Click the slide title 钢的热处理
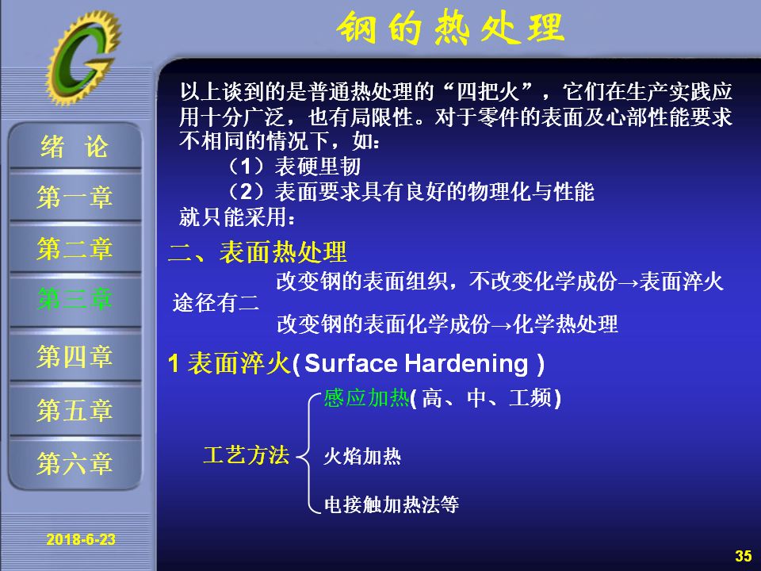click(450, 29)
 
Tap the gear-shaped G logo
click(83, 57)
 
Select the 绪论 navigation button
click(75, 146)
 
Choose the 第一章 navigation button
click(75, 197)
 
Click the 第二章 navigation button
click(75, 248)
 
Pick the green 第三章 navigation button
click(75, 299)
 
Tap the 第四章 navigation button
click(75, 356)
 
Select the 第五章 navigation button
click(75, 410)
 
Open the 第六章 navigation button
click(75, 462)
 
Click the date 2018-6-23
click(81, 539)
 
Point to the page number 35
click(743, 556)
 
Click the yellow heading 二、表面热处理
click(257, 252)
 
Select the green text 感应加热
click(366, 397)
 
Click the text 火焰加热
click(362, 457)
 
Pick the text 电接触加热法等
click(391, 504)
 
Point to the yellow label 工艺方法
click(247, 455)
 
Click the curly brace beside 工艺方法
click(308, 454)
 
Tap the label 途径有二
click(216, 304)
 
